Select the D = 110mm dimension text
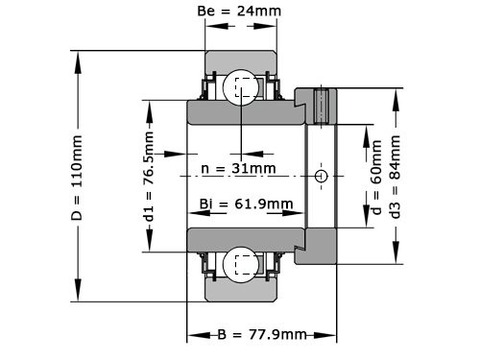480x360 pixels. pos(78,177)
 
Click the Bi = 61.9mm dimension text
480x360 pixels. pos(246,204)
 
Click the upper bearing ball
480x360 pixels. pos(241,88)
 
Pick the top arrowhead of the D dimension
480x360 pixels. pos(78,56)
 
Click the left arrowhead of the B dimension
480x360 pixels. pos(193,335)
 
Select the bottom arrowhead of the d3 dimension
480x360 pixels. pos(396,259)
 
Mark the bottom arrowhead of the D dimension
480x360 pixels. pos(78,297)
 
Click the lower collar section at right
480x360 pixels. pos(317,248)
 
